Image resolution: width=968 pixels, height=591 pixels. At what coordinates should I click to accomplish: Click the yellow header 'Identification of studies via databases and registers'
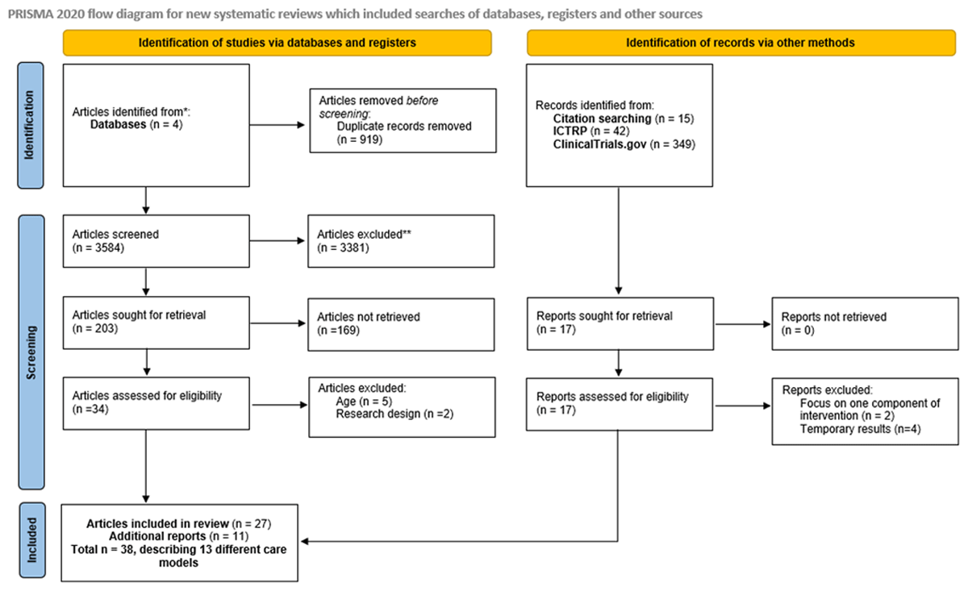[277, 43]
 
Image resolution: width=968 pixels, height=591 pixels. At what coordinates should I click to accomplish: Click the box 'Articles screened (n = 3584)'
[156, 240]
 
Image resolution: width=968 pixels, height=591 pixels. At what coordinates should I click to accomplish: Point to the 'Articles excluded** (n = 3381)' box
[401, 240]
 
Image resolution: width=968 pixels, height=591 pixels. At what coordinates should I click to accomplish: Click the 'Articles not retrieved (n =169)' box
[401, 324]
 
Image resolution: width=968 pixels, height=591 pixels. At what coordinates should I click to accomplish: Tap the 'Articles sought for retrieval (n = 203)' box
[156, 324]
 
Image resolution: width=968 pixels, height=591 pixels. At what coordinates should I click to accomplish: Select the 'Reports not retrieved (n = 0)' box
[864, 324]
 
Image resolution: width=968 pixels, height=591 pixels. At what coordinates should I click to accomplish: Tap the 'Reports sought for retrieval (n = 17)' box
[620, 324]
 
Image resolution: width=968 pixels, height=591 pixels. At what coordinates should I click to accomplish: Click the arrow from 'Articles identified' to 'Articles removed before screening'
[279, 126]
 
